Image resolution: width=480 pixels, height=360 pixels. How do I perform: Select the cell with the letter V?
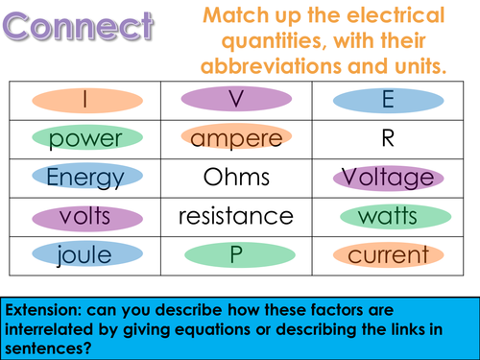tap(235, 100)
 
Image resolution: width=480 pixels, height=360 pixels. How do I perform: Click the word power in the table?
tap(85, 139)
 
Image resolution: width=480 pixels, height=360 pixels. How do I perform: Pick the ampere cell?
tap(236, 139)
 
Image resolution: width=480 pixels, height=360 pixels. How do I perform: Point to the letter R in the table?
tap(388, 139)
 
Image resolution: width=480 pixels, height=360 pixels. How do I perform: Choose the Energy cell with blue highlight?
tap(85, 178)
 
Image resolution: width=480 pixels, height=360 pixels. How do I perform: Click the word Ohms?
tap(236, 178)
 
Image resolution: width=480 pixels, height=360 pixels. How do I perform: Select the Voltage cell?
tap(388, 178)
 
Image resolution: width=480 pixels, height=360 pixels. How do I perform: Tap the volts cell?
tap(85, 217)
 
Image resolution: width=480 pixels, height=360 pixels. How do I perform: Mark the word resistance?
tap(236, 217)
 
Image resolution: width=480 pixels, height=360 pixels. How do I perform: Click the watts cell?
tap(388, 217)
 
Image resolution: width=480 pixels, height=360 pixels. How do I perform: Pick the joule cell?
tap(85, 255)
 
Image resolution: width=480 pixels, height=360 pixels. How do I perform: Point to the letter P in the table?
tap(236, 255)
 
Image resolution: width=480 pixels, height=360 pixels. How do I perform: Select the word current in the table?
tap(388, 255)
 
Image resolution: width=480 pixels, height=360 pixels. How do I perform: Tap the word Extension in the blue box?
tap(46, 309)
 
